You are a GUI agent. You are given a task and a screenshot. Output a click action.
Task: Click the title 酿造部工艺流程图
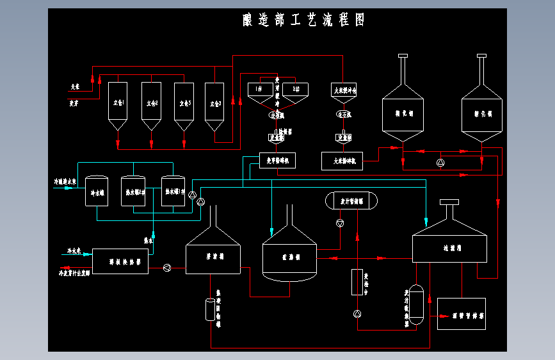303,20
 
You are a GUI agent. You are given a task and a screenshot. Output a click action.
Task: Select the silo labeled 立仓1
117,102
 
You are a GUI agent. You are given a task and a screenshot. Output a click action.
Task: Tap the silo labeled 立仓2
151,102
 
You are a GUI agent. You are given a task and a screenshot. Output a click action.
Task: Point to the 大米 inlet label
75,86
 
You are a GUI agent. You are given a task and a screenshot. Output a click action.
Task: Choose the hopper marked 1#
260,90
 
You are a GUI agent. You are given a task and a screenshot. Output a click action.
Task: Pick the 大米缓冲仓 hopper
344,91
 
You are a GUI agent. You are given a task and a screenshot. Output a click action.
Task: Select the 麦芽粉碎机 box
277,161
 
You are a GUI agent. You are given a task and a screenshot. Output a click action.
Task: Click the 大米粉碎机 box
342,161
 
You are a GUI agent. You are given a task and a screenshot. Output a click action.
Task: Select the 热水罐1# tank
173,191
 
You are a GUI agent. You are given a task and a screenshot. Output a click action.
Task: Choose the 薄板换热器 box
120,261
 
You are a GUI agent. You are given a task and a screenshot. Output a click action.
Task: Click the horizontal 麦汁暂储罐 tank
351,201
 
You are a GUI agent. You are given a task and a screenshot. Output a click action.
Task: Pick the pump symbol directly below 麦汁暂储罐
339,223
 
